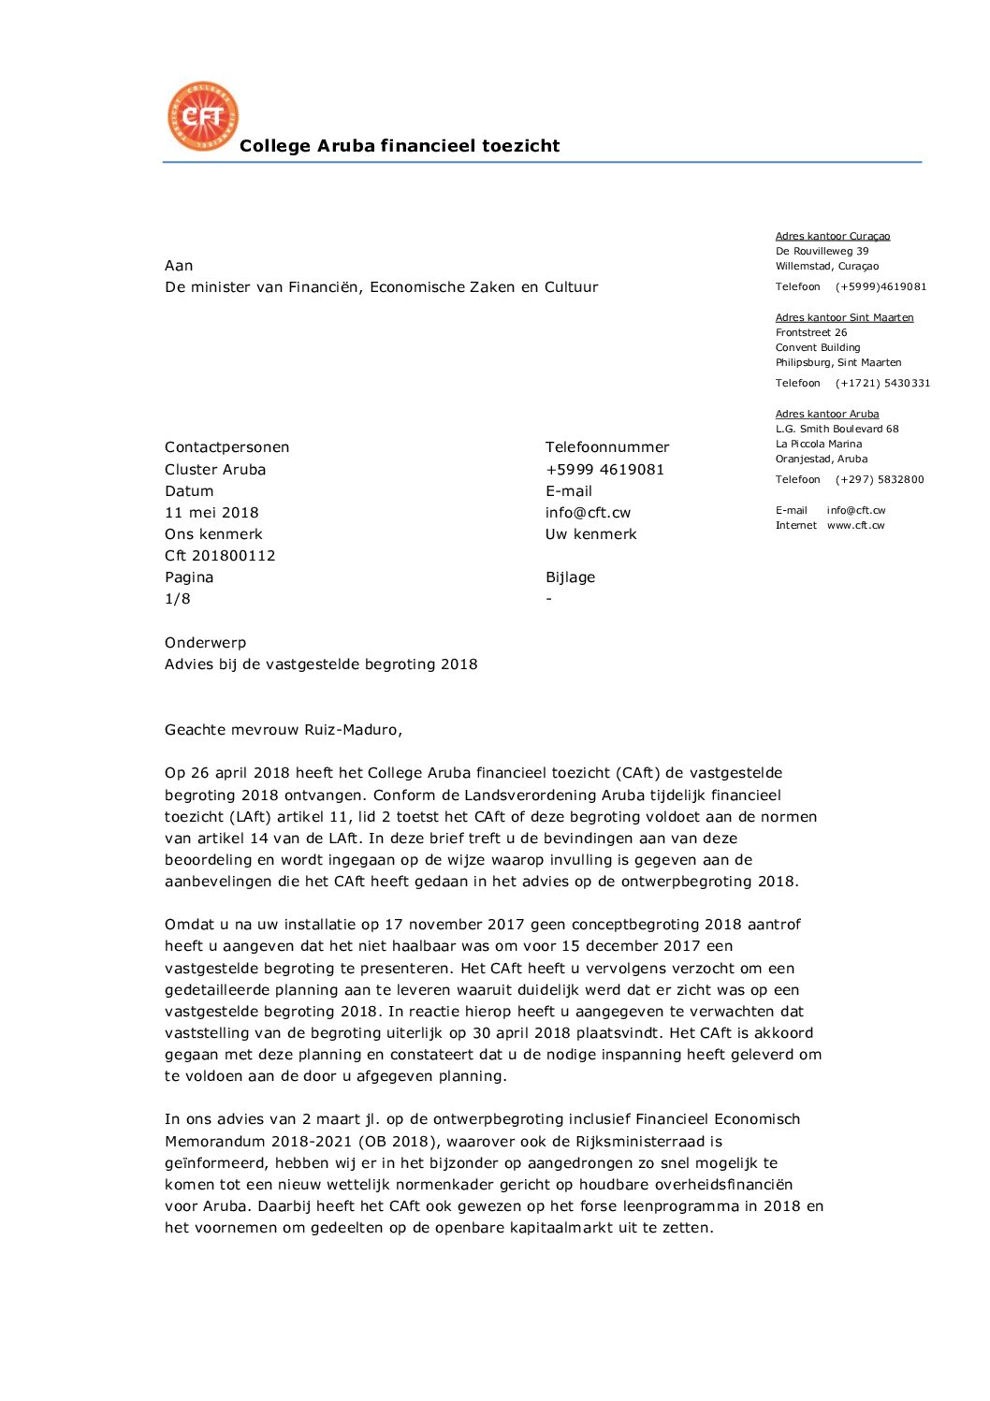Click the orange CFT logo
(203, 116)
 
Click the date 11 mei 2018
(211, 513)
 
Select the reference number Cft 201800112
(220, 556)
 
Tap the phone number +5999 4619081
(604, 470)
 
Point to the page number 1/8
(177, 599)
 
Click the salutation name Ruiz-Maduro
(353, 730)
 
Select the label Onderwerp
(205, 643)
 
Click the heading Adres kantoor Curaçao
(832, 237)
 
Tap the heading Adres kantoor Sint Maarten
(844, 318)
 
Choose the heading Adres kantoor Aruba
(826, 415)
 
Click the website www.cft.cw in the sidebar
(855, 526)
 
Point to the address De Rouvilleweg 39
(822, 252)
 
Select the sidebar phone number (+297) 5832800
(880, 480)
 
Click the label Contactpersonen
(226, 447)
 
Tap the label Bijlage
(570, 577)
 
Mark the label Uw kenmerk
(590, 534)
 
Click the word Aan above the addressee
(179, 266)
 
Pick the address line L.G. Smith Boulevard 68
(837, 430)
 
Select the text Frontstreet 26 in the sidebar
(811, 333)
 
